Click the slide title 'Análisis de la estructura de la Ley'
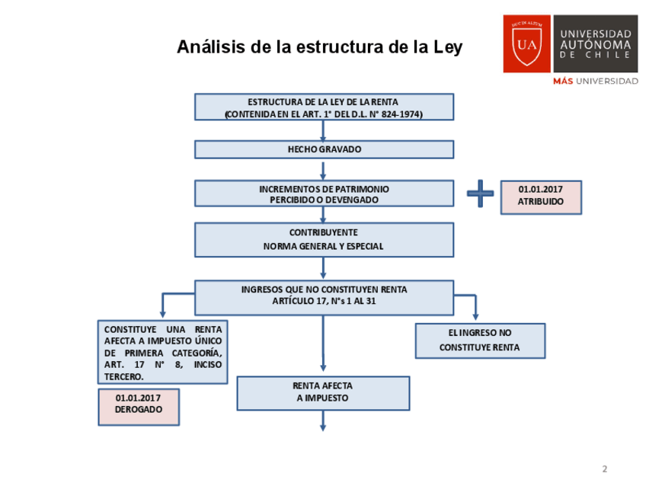(319, 47)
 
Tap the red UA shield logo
(526, 43)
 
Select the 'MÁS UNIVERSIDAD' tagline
(595, 81)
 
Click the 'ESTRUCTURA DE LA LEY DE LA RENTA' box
(324, 107)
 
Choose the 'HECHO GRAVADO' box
(324, 149)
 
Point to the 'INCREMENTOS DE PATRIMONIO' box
(324, 194)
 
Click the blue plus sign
(480, 194)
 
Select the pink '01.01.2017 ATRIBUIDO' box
(540, 197)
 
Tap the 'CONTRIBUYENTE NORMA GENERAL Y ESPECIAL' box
(324, 239)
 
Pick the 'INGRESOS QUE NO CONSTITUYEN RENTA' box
(324, 296)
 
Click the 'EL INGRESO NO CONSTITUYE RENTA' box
(479, 341)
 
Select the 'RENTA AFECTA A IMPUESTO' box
(323, 392)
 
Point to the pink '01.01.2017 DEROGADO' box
(139, 406)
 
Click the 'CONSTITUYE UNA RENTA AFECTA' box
(163, 351)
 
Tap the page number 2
(605, 469)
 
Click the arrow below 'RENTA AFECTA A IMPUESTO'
(323, 421)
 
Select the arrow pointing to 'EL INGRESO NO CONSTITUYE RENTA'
(475, 309)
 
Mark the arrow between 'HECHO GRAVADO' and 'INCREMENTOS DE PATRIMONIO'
(323, 169)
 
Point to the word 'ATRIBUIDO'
(541, 202)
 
